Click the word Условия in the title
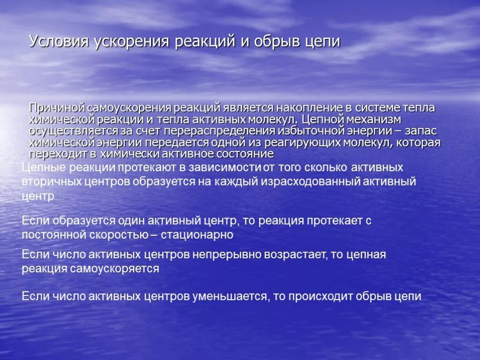click(59, 41)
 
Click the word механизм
click(373, 120)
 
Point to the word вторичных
click(51, 181)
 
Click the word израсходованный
click(312, 181)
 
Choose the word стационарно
click(197, 235)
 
